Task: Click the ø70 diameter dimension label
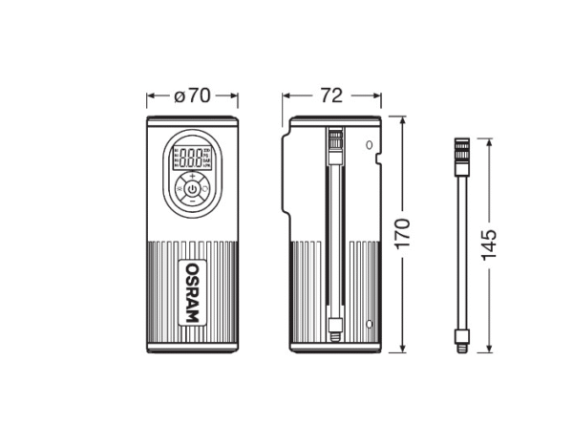point(192,96)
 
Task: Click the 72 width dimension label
point(331,96)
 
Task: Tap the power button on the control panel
point(192,190)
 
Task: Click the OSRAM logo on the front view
point(192,290)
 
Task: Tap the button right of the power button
point(207,190)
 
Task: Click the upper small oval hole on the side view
point(369,145)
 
